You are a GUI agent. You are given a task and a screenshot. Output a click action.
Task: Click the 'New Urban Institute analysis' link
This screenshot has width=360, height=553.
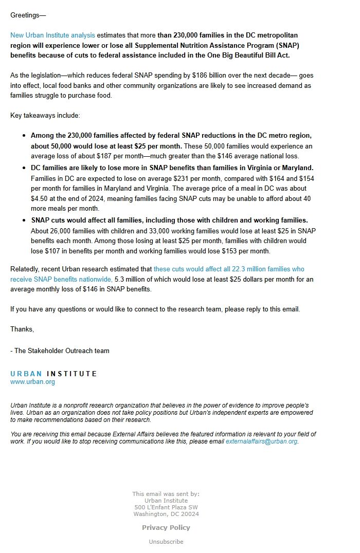point(52,35)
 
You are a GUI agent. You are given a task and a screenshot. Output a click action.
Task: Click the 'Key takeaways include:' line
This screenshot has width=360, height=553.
point(45,116)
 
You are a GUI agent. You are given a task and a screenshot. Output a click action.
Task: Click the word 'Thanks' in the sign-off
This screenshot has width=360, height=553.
point(22,329)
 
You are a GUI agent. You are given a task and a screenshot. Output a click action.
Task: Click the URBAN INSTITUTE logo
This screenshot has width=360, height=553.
point(53,374)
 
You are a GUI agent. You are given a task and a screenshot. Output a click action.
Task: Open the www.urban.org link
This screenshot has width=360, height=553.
point(32,382)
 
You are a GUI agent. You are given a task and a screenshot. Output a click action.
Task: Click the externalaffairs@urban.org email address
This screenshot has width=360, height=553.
point(261,441)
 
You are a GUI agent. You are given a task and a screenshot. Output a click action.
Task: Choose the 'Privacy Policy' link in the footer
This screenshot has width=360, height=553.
point(166,527)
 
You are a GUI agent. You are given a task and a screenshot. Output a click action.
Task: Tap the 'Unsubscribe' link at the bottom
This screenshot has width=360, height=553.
point(166,542)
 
